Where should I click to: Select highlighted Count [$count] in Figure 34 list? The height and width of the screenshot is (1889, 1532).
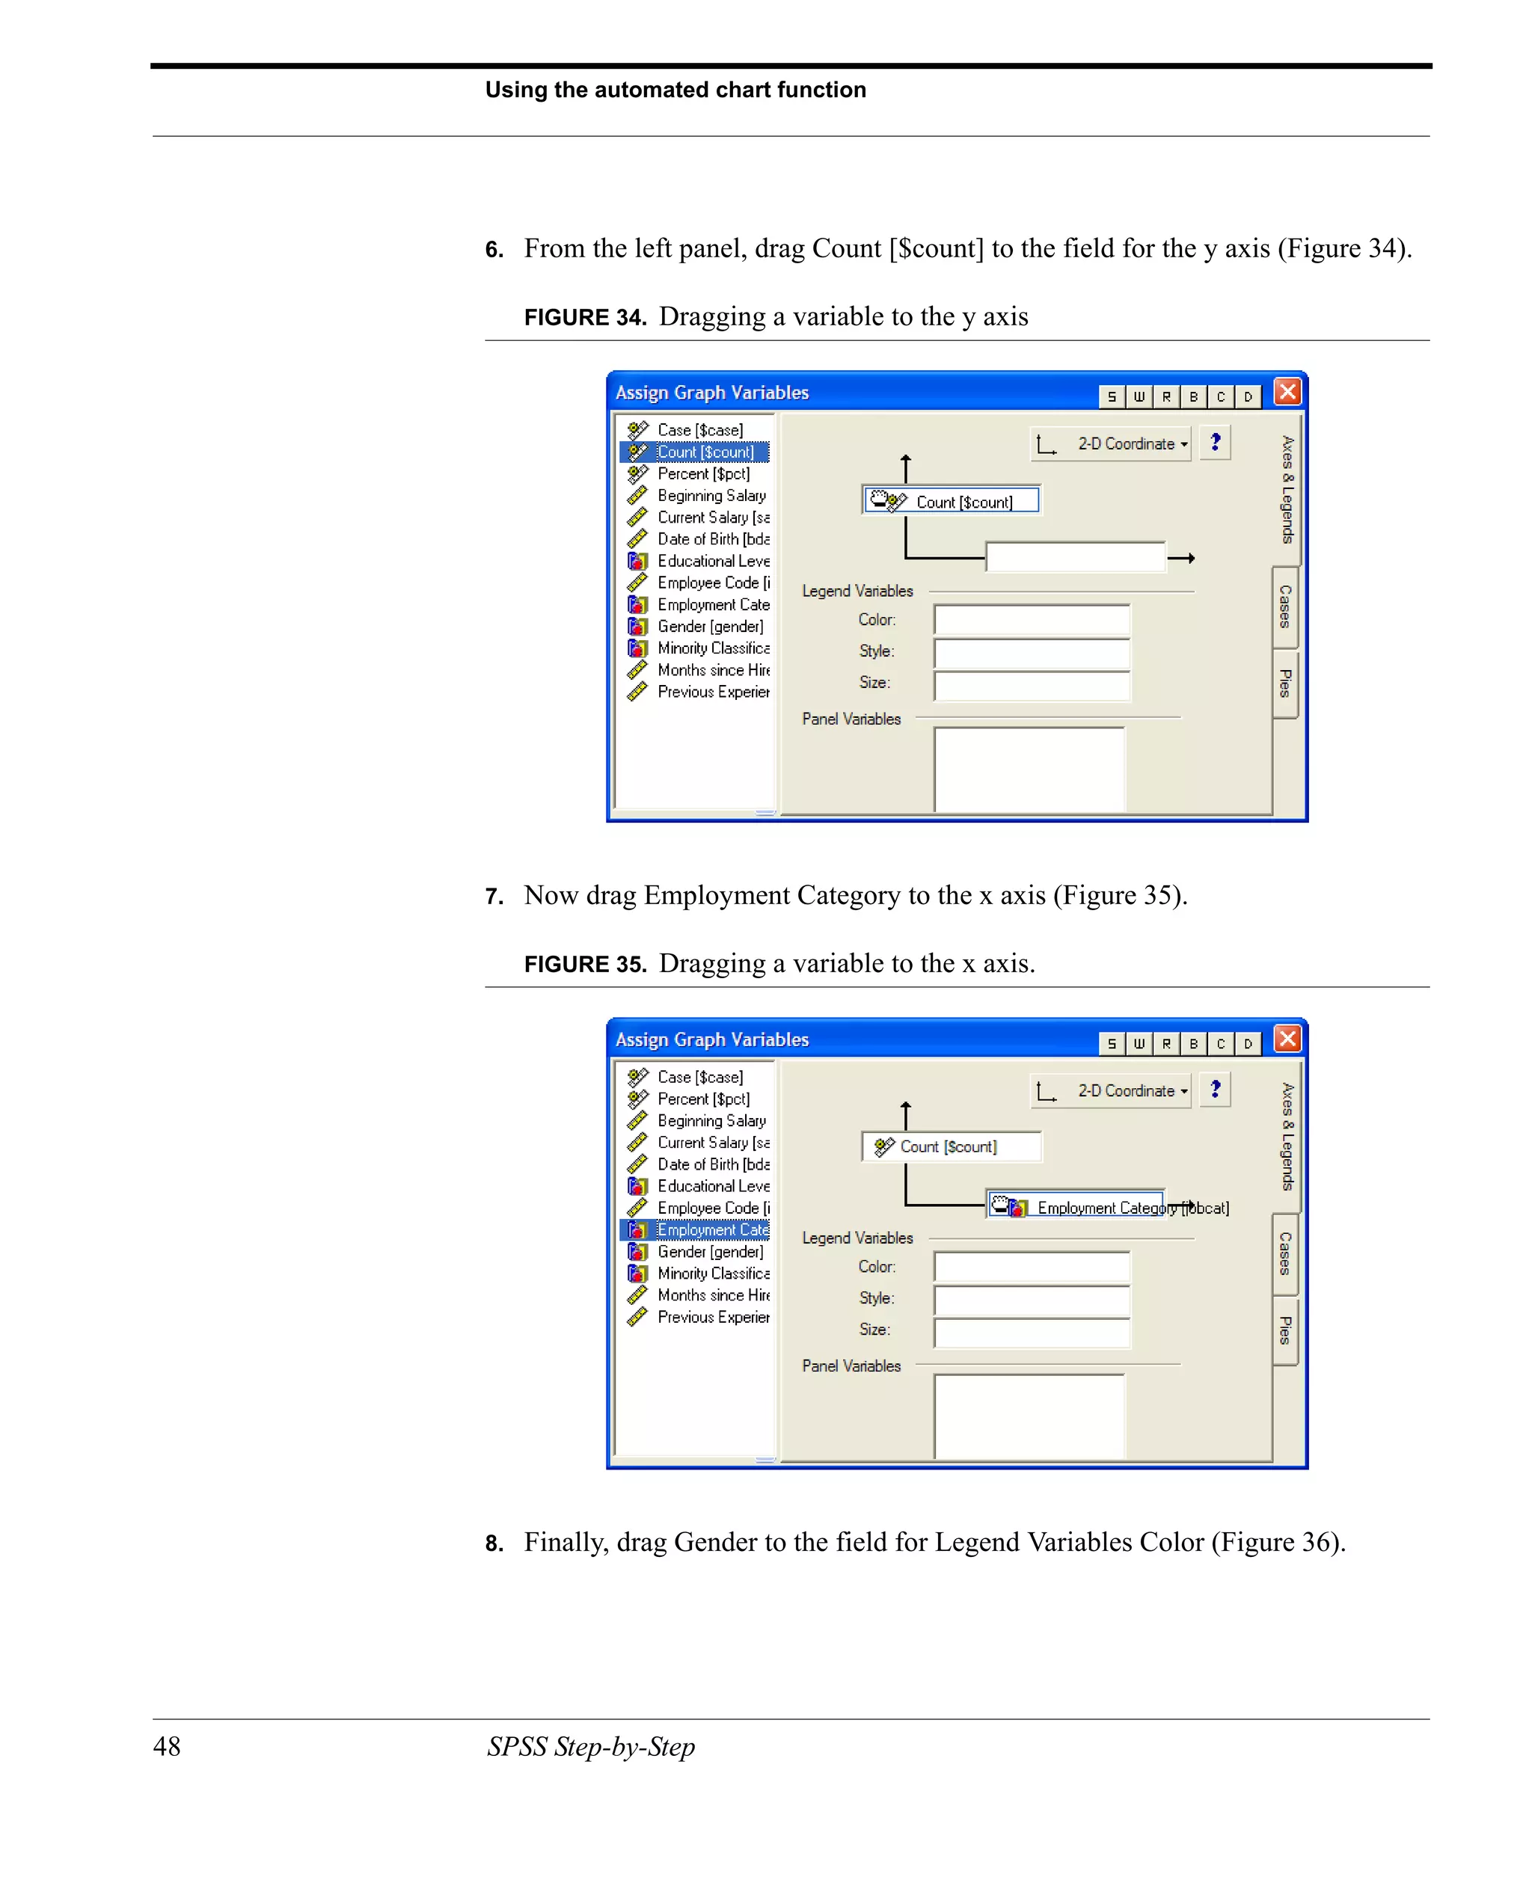[x=703, y=452]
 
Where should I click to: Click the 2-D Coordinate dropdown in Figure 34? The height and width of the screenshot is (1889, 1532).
[x=1111, y=443]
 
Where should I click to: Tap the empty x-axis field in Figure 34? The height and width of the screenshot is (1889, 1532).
[x=1074, y=556]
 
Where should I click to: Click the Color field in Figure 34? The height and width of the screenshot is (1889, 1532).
[x=1031, y=619]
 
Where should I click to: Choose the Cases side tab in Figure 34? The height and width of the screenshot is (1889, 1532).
[x=1285, y=606]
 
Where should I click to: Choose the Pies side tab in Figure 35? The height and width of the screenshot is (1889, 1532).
[x=1285, y=1330]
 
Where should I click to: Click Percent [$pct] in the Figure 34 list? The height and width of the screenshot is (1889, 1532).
[x=702, y=474]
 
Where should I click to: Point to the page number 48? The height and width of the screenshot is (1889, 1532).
[x=166, y=1745]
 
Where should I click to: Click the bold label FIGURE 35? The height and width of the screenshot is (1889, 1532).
[x=585, y=963]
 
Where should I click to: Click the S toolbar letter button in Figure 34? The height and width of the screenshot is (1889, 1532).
[x=1111, y=396]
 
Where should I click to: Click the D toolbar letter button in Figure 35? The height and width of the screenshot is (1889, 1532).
[x=1247, y=1044]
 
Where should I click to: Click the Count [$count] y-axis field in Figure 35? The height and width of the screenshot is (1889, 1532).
[x=951, y=1146]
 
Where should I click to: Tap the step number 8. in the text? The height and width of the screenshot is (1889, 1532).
[x=494, y=1544]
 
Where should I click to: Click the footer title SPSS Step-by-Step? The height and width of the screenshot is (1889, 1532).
[x=590, y=1746]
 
